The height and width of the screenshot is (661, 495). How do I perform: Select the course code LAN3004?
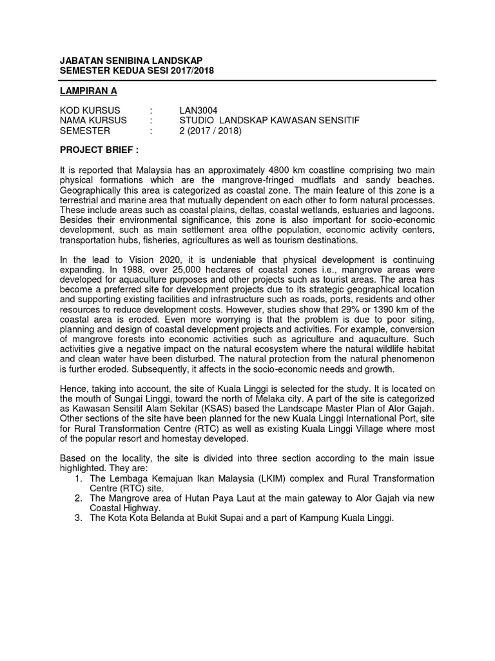(199, 110)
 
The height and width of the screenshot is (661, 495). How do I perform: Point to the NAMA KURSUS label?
(93, 120)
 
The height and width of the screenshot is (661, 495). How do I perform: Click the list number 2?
(78, 498)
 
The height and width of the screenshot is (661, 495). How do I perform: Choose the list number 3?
(78, 518)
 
